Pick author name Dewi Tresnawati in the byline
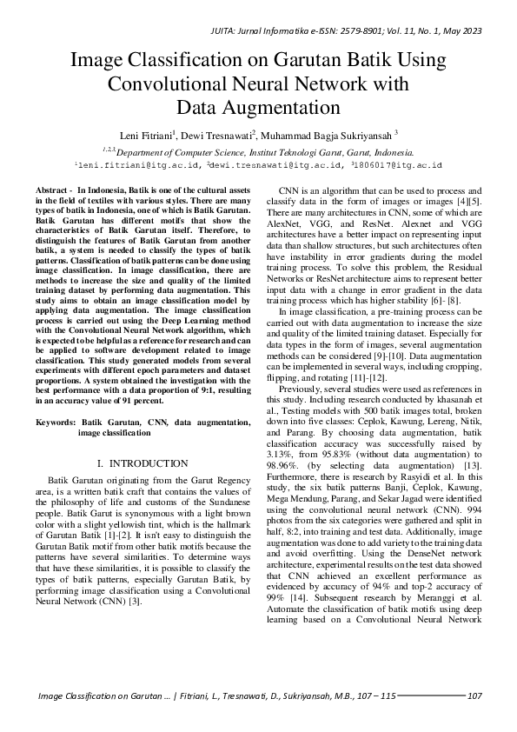pos(218,135)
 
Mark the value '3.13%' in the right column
pos(276,455)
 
